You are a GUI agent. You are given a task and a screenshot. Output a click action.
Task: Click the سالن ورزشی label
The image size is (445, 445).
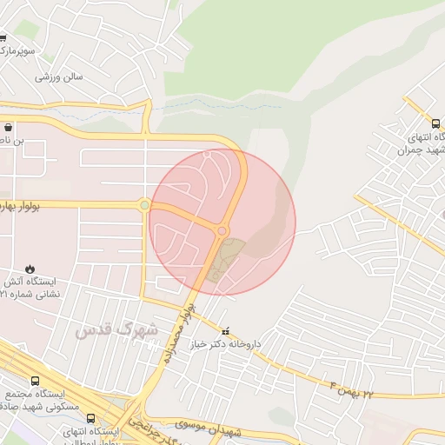(59, 76)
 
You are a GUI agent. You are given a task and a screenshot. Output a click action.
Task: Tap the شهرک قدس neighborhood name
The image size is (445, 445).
(116, 330)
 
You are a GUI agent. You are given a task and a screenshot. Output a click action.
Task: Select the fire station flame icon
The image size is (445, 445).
(31, 268)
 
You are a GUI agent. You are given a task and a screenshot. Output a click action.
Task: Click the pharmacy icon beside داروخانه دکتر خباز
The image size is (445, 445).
(227, 331)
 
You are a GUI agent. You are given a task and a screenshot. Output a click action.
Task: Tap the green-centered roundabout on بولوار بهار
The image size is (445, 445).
(143, 205)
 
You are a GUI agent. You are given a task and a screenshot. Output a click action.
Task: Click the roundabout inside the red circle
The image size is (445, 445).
(222, 231)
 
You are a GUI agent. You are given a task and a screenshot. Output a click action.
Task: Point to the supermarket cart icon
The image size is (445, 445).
(3, 37)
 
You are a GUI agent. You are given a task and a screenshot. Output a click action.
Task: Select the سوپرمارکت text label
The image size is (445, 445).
(17, 52)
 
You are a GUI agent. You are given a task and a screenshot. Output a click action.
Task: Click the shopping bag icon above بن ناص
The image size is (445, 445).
(8, 127)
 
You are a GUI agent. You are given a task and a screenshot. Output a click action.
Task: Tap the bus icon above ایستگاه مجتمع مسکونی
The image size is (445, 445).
(35, 381)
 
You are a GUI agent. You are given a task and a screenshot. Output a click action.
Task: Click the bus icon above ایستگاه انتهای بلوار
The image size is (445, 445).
(90, 418)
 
